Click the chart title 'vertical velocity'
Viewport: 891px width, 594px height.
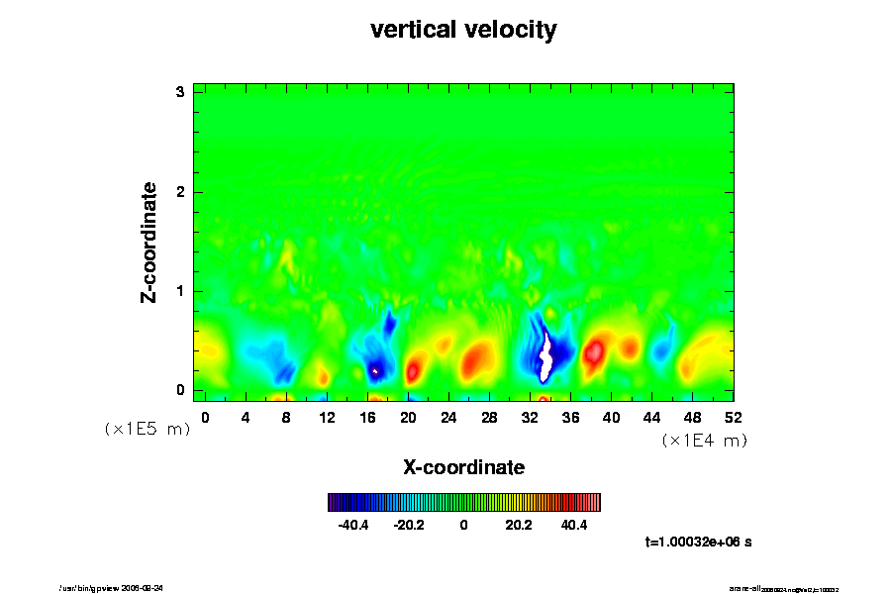[463, 30]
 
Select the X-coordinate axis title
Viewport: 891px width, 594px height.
[463, 466]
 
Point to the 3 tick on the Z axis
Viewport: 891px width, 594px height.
[181, 92]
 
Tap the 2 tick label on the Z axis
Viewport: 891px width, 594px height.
[181, 191]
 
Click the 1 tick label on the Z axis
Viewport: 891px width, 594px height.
[181, 291]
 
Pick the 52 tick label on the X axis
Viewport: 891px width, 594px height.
[734, 417]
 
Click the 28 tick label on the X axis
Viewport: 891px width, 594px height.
[489, 417]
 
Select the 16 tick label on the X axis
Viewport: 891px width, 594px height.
[367, 417]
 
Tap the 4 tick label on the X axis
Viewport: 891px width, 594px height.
[246, 417]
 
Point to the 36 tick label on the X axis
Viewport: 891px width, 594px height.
[570, 417]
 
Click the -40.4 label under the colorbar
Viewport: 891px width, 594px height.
[353, 525]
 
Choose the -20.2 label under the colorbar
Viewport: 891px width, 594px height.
[408, 525]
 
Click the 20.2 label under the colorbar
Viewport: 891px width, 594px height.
[519, 525]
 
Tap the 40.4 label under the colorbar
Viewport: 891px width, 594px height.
[573, 525]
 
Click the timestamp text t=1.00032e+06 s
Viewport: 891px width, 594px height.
[698, 542]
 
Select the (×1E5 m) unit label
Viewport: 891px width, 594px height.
[148, 429]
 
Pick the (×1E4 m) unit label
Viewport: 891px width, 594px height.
[704, 441]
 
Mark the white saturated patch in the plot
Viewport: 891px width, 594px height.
[545, 358]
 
